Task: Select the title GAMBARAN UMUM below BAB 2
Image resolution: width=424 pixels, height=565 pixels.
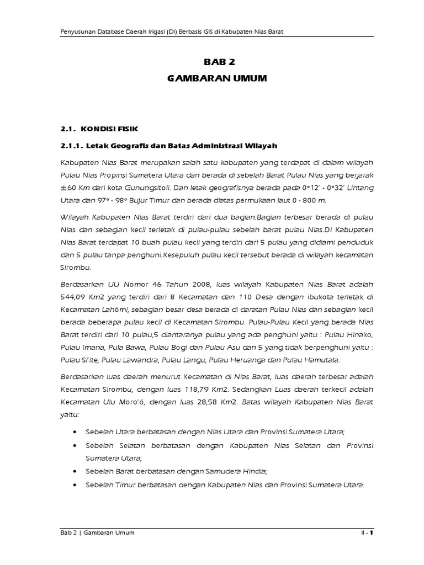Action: click(x=216, y=79)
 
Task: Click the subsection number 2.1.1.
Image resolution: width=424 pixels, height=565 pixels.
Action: click(x=73, y=145)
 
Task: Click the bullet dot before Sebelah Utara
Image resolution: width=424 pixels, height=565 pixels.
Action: click(x=76, y=430)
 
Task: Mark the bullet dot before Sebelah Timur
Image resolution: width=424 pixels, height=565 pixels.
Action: click(x=76, y=484)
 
